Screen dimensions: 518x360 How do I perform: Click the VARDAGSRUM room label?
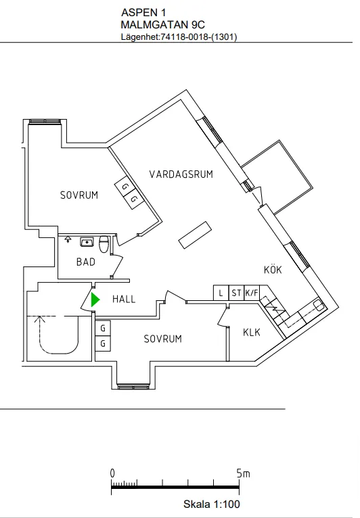click(x=181, y=174)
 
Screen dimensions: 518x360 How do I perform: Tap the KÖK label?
click(x=272, y=270)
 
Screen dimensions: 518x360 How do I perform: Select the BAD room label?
click(x=86, y=262)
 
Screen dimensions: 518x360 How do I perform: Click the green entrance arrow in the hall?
click(x=95, y=299)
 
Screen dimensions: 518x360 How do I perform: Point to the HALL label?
click(x=124, y=299)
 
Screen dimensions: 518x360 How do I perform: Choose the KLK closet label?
click(x=252, y=332)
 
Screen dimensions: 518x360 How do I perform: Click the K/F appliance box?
click(x=252, y=293)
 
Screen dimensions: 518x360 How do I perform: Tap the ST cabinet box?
click(x=236, y=293)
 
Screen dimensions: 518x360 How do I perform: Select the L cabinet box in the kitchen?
click(x=221, y=293)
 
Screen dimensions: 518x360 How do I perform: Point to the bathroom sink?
click(x=87, y=241)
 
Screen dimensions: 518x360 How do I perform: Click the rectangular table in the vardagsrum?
click(x=196, y=234)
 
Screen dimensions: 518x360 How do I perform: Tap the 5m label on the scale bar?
click(x=243, y=473)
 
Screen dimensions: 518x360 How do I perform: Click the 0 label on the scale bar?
click(x=113, y=473)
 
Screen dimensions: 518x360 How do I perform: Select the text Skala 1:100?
click(x=211, y=504)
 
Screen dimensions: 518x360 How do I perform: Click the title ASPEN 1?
click(x=143, y=12)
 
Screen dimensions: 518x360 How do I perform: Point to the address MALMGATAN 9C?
click(x=162, y=24)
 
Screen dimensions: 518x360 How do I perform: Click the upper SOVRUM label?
click(x=79, y=195)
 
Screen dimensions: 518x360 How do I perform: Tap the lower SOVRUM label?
click(x=162, y=339)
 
